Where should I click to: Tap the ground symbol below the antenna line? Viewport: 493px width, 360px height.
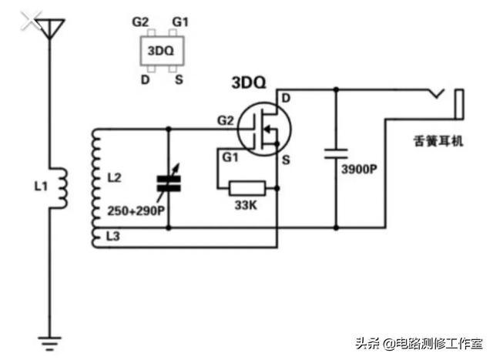click(49, 343)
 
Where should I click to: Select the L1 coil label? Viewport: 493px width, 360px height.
click(41, 187)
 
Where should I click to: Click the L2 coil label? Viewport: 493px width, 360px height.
click(114, 178)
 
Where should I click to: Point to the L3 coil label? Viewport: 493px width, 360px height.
click(113, 236)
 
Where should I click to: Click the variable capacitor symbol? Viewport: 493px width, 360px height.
click(169, 183)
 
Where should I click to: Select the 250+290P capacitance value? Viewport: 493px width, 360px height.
click(136, 211)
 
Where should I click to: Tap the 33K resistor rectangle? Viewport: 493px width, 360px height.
click(247, 189)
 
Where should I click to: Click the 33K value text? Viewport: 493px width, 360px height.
click(246, 206)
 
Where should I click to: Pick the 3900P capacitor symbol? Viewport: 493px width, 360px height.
click(336, 154)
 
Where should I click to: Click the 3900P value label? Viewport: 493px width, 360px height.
click(359, 170)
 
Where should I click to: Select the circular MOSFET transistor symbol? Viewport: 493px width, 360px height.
click(264, 129)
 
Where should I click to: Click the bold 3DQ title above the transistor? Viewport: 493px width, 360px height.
click(249, 82)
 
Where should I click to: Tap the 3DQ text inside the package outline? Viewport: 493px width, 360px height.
click(161, 51)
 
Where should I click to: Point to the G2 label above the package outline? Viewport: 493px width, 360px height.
click(140, 22)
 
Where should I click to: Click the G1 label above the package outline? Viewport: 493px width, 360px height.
click(180, 22)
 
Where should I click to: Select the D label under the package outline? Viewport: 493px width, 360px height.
click(145, 80)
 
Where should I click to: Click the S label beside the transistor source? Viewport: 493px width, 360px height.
click(286, 160)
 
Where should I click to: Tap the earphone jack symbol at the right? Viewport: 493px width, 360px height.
click(448, 104)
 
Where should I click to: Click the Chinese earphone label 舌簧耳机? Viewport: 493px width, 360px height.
click(438, 141)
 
